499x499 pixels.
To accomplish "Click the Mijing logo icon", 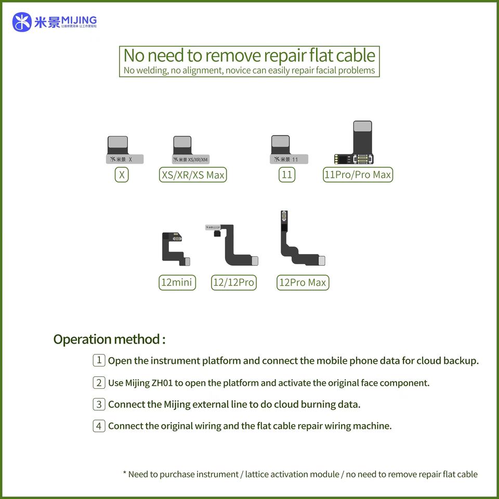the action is coord(22,22).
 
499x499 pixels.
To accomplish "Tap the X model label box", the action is coord(122,175).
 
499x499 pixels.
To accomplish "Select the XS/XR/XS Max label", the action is coord(193,175).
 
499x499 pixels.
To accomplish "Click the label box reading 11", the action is coord(286,175).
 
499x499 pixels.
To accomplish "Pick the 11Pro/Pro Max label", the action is coord(358,175).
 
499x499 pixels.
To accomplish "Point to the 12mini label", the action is coord(177,283).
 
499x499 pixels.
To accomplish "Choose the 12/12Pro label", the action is coord(234,283).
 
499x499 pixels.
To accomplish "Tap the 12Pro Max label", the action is coord(303,283).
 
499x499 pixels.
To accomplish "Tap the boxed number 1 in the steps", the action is coord(99,360).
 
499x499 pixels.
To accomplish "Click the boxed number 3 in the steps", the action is coord(99,404).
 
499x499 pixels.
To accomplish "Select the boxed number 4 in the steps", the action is coord(99,426).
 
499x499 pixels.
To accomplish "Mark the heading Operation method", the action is coord(109,339).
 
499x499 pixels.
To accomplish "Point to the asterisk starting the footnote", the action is coord(125,474).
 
